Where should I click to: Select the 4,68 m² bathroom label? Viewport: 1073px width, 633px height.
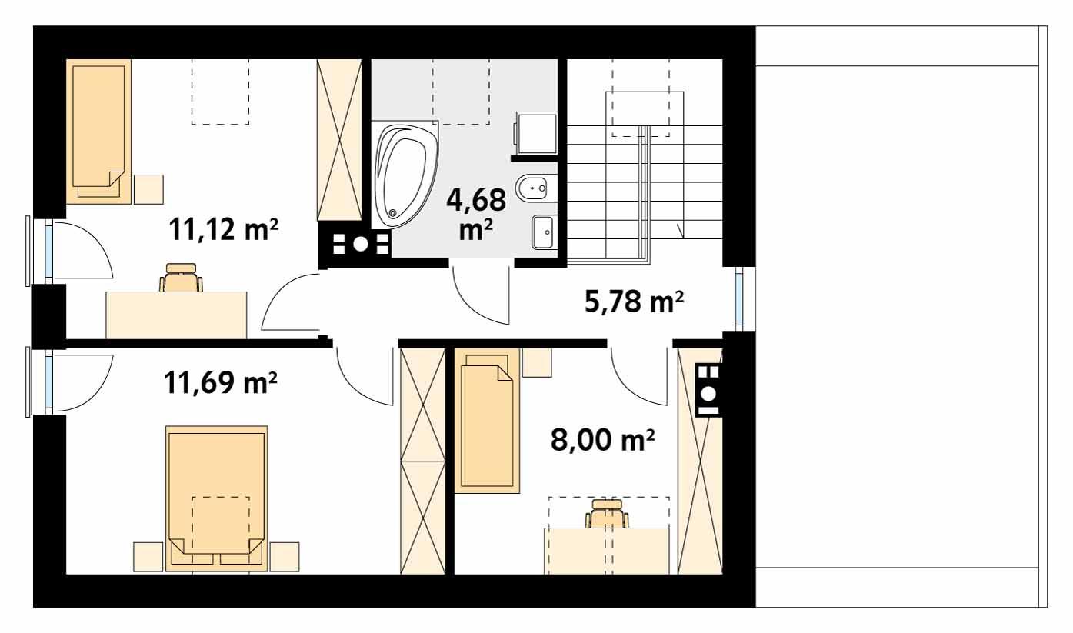(x=476, y=213)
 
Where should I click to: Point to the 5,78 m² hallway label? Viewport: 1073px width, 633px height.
(x=634, y=302)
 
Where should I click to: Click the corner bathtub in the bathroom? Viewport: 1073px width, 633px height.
(x=405, y=174)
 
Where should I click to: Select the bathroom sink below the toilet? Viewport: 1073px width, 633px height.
(x=545, y=231)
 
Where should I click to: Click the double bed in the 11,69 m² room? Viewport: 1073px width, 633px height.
(x=217, y=496)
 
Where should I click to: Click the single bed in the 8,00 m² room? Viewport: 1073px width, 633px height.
(x=487, y=420)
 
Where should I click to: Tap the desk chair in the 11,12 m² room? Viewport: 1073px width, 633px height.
(x=182, y=278)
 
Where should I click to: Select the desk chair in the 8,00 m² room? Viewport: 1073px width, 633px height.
(x=608, y=514)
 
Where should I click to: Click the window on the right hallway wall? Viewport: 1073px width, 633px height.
(x=739, y=299)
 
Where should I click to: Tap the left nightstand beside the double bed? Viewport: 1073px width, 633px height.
(x=148, y=556)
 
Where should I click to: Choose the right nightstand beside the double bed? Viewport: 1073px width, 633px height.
(x=285, y=556)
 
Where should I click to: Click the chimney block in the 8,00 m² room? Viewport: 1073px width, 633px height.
(x=708, y=389)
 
